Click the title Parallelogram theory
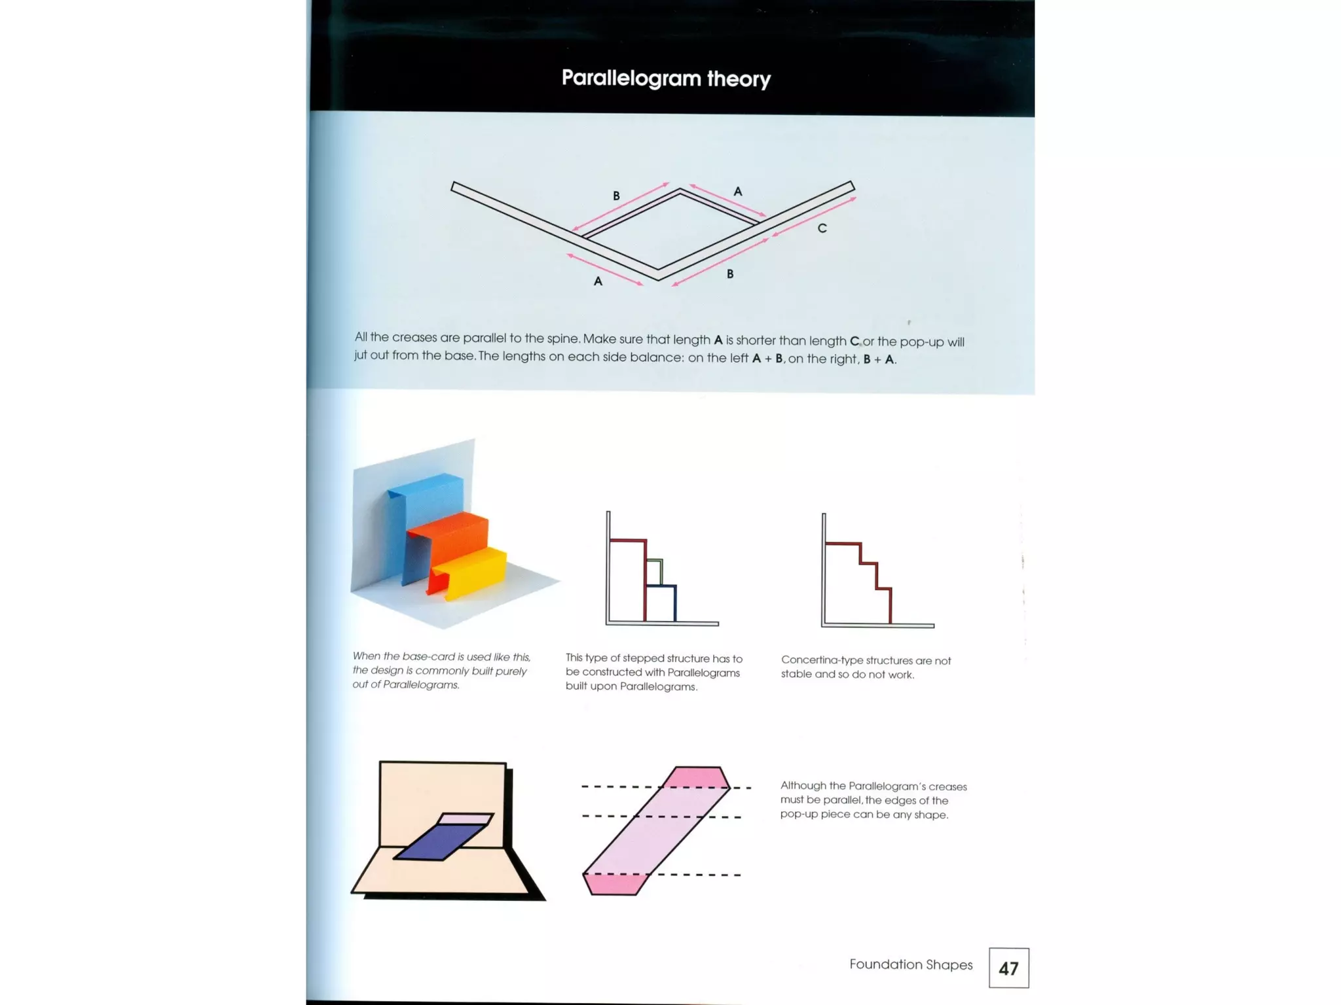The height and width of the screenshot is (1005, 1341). point(666,79)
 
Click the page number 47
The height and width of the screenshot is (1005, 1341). point(1008,968)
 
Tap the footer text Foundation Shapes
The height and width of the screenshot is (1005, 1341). point(911,964)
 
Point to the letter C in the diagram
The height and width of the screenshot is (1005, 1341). point(822,228)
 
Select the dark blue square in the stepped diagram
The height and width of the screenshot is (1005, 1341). point(661,604)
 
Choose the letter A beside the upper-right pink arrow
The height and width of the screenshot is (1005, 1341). point(738,192)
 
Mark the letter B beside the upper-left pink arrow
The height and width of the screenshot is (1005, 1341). point(616,196)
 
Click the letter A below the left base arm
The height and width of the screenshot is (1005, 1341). point(598,281)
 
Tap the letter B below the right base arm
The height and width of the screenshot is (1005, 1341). point(730,274)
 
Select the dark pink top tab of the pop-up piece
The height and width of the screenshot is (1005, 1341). point(697,777)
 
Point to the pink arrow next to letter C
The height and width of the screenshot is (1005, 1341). point(814,216)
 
